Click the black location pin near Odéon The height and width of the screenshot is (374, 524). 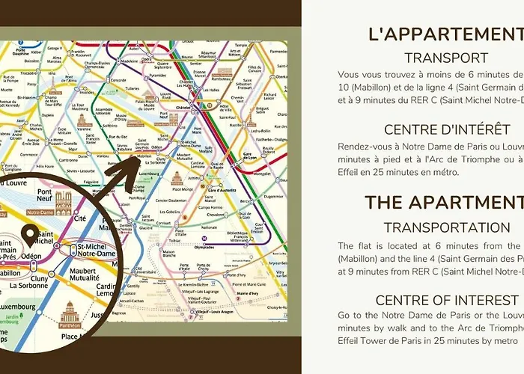tap(31, 236)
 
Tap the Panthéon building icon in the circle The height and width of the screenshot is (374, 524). tap(70, 313)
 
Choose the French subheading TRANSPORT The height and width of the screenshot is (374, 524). tap(446, 58)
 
